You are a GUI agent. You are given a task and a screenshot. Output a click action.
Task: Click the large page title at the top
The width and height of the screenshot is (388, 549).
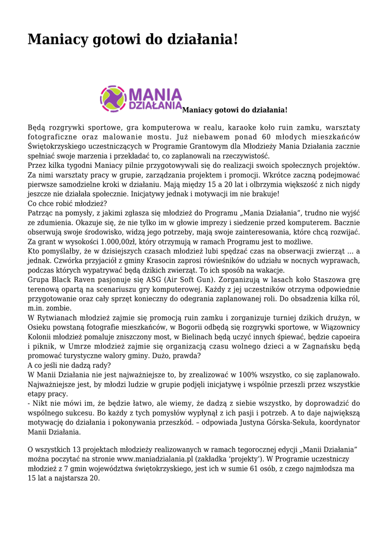coord(133,40)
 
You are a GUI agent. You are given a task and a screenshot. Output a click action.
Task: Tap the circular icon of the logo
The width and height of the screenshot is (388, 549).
coord(113,99)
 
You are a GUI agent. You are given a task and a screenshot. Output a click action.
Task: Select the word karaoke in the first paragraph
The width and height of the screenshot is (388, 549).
coord(243,128)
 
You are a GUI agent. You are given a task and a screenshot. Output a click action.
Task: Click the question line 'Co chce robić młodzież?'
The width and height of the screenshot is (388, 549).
coord(67,204)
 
